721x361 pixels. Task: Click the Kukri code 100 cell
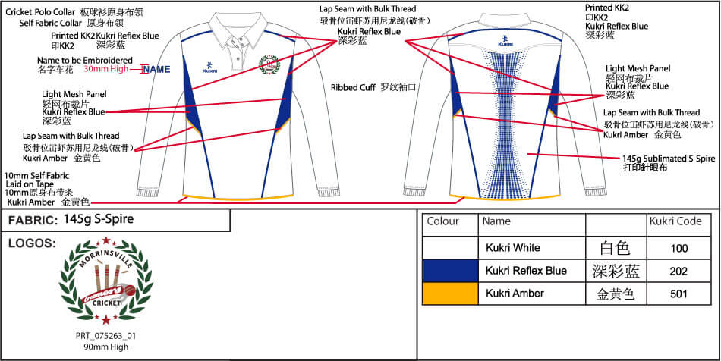click(x=680, y=248)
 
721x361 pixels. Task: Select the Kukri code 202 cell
click(x=680, y=271)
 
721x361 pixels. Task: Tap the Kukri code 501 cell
click(x=680, y=294)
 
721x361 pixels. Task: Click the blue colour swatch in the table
click(x=449, y=271)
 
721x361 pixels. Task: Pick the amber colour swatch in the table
click(x=449, y=294)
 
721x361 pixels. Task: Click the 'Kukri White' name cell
click(x=514, y=248)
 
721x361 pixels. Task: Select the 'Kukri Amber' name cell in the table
click(x=515, y=294)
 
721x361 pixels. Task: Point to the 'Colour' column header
click(x=443, y=222)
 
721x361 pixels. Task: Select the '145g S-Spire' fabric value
click(x=99, y=220)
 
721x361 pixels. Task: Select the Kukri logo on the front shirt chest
click(x=210, y=66)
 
